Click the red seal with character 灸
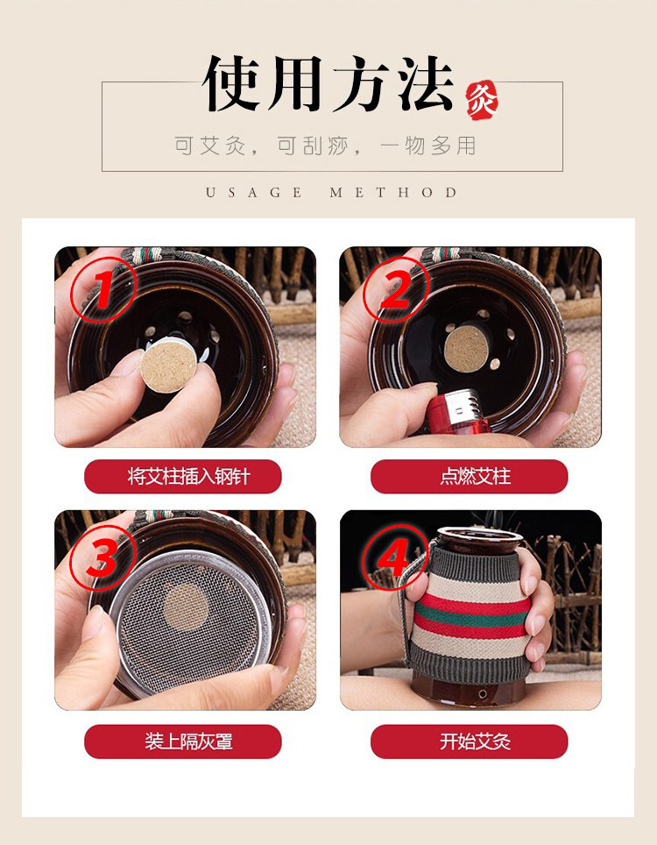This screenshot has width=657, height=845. point(482,101)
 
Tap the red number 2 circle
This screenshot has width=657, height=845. point(396,290)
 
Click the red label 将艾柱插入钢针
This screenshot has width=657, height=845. point(183,476)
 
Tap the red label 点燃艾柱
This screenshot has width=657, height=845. point(469,476)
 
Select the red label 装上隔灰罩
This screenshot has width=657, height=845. point(183,742)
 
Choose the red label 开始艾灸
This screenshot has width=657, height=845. point(469,742)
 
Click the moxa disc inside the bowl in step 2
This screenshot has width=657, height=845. point(466,349)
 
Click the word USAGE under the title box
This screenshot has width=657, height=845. point(254,192)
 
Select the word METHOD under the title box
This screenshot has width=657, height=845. point(393,192)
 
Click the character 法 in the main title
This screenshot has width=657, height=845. point(426,83)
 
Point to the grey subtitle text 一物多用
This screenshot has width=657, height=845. point(428,146)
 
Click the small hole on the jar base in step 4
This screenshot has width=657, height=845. point(483,693)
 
